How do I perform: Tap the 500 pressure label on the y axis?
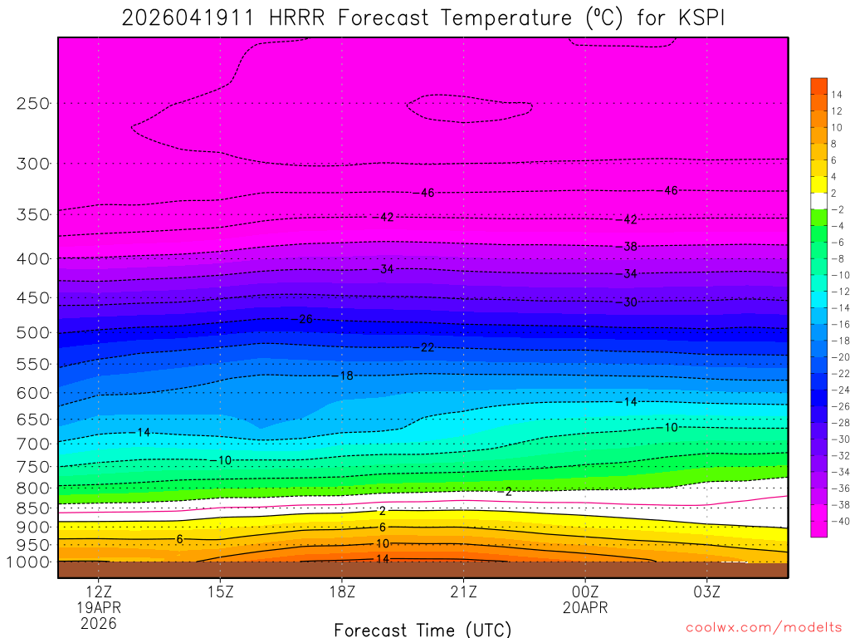pos(34,332)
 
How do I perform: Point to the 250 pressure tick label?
pos(34,103)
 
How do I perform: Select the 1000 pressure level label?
pos(30,562)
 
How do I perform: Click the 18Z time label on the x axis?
pos(342,592)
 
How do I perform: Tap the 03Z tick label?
pos(707,592)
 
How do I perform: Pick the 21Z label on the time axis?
pos(463,592)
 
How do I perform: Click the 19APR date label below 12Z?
pos(99,608)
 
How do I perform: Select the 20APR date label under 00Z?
pos(585,608)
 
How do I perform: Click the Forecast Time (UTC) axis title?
pos(423,629)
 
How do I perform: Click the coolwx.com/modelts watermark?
pos(764,628)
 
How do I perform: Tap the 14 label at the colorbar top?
pos(837,94)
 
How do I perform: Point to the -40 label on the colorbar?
pos(839,521)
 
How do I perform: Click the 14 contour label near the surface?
pos(383,559)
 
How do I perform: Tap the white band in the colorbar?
pos(819,200)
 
